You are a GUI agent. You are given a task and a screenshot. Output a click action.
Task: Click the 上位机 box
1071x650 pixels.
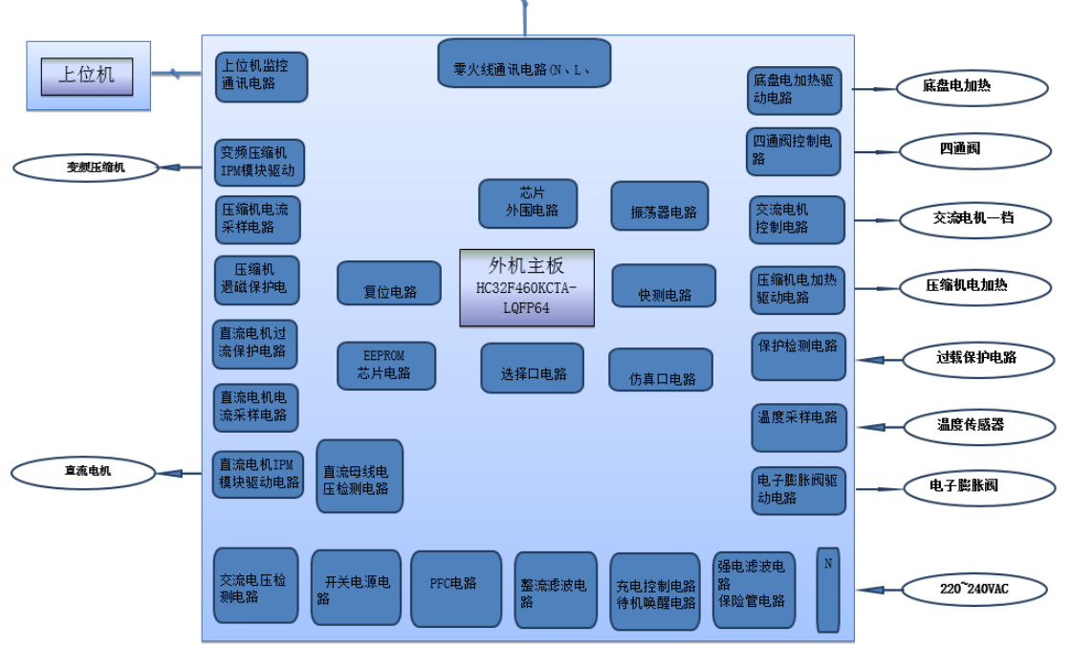point(87,76)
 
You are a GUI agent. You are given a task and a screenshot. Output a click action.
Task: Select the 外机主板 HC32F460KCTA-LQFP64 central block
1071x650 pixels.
point(527,287)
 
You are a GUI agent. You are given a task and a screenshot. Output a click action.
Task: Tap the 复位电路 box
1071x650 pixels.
point(389,283)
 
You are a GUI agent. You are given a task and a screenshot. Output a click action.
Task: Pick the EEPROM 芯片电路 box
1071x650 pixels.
point(385,366)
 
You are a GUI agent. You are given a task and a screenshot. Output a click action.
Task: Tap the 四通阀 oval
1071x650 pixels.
point(960,149)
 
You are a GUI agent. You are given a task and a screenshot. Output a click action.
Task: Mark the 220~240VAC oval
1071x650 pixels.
point(973,590)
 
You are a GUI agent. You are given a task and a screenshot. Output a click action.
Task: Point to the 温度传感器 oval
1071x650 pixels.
point(971,425)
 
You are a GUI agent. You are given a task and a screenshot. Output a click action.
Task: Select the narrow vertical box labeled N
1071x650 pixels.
point(827,590)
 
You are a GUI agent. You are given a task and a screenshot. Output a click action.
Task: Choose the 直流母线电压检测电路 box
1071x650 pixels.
point(360,476)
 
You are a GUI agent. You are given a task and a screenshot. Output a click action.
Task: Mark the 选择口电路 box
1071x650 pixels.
point(532,369)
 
